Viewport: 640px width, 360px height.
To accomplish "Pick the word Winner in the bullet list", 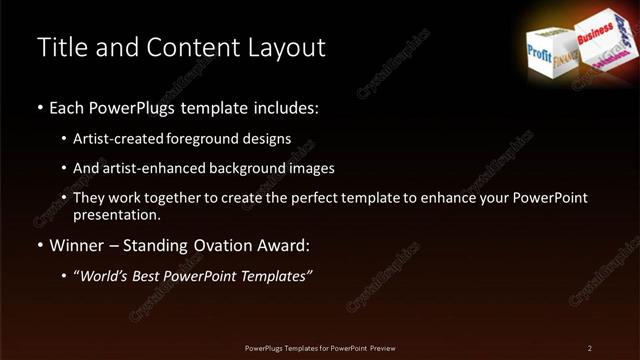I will pos(79,244).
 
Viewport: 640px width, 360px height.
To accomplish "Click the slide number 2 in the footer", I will pos(590,347).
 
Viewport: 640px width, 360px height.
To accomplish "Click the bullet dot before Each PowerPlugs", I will pos(40,107).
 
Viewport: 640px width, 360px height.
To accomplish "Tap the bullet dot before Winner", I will pos(40,245).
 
